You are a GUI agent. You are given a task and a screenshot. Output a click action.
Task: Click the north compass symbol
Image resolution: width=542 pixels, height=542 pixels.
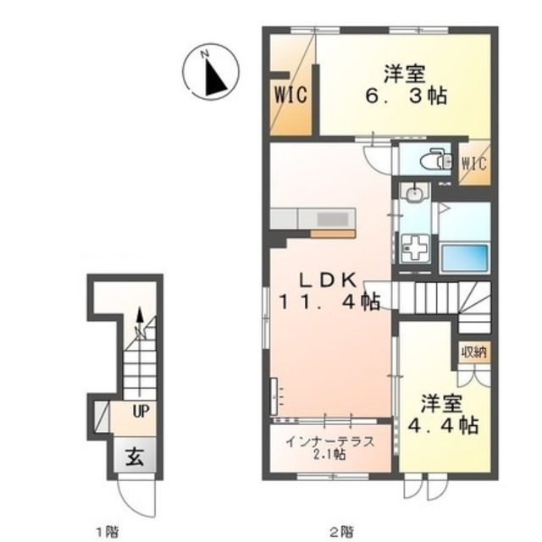point(211,72)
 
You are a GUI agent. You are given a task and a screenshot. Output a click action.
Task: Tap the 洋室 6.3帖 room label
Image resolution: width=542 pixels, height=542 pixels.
point(406,85)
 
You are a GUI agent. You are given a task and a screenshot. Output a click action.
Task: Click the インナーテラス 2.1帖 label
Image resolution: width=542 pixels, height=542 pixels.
point(330,448)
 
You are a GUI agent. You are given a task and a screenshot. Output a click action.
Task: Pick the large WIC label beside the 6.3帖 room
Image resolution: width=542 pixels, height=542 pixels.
point(290,94)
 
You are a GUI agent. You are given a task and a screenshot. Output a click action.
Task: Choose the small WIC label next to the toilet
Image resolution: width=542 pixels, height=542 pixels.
point(474,163)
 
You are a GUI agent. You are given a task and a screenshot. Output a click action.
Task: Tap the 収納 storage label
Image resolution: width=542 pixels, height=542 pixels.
point(474,352)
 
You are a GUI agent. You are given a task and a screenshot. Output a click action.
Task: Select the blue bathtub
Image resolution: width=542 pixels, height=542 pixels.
point(465,257)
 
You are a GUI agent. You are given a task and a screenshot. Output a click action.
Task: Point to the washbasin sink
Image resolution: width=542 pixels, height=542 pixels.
point(413,195)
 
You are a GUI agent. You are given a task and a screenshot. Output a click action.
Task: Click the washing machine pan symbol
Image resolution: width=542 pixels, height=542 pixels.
point(414,248)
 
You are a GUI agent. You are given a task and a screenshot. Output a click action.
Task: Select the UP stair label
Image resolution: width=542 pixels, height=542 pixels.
point(141,412)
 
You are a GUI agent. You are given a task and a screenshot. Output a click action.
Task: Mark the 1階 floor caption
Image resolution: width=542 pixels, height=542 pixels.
point(108,530)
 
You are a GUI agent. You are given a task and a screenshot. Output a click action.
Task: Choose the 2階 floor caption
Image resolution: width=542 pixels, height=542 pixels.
point(341,530)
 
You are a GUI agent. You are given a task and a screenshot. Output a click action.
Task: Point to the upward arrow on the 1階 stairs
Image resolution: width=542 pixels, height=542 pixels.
point(140,351)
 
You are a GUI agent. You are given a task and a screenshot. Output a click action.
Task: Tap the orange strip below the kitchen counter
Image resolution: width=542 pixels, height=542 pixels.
point(333,234)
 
